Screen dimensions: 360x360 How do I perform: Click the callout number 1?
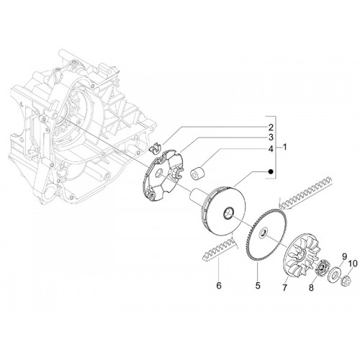tap(284, 147)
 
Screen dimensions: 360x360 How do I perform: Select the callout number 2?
tap(271, 127)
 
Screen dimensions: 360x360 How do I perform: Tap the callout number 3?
tap(271, 138)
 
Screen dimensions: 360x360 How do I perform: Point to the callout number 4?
tap(271, 149)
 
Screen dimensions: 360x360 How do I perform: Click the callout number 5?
tap(258, 286)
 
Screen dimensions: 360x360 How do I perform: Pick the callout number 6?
tap(219, 286)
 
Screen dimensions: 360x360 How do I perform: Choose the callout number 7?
tap(284, 287)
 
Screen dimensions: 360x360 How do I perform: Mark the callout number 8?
tap(311, 287)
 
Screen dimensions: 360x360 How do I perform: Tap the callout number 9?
tap(344, 257)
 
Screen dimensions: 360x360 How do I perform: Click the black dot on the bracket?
tap(271, 171)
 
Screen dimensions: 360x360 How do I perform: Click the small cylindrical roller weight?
tap(197, 173)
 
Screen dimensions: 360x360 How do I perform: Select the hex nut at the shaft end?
tap(346, 279)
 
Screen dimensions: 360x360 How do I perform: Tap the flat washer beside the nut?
tap(334, 273)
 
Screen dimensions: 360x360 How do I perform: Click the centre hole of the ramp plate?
tap(159, 174)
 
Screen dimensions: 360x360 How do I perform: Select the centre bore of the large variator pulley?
tap(228, 213)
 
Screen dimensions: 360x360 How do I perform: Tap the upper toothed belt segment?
tap(305, 193)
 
